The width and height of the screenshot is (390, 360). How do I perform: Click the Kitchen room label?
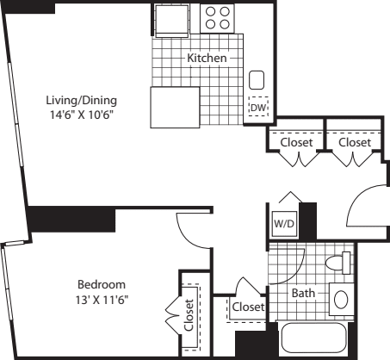point(207,59)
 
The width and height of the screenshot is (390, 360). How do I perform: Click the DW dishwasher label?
point(257,109)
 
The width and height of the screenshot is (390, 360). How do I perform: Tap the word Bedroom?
point(102,284)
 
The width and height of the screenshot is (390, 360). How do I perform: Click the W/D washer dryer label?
point(282,223)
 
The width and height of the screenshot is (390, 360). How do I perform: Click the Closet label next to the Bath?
point(247,307)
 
